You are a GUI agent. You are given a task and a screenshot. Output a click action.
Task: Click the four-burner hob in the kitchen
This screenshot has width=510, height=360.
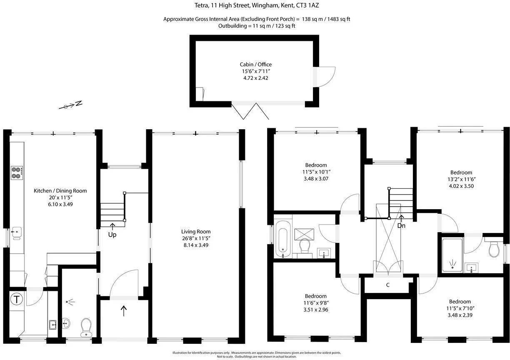17,173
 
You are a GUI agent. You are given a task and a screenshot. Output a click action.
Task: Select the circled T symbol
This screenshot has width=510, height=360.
17,299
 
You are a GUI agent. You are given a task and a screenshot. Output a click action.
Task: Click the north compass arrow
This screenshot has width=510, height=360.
70,105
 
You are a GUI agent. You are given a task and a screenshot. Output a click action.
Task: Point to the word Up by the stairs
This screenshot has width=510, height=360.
112,235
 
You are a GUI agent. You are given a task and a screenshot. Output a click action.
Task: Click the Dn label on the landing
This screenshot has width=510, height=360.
401,226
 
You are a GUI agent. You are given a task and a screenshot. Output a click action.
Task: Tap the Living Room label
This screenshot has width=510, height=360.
196,232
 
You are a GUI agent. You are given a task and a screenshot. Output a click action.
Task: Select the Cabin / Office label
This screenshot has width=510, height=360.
256,65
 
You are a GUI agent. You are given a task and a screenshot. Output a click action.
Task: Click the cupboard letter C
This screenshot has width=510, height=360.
388,285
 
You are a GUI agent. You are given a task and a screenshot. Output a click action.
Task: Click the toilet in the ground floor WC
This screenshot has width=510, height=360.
86,327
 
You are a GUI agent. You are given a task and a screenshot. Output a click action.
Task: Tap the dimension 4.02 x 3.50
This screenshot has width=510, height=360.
461,186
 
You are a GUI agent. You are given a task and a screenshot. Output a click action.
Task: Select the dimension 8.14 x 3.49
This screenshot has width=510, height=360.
196,245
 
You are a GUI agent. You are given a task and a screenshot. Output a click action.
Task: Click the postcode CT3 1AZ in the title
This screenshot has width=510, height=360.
307,5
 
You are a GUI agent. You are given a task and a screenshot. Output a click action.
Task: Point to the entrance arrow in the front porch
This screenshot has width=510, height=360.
123,310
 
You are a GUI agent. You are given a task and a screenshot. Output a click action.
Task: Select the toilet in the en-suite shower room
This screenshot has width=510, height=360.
494,249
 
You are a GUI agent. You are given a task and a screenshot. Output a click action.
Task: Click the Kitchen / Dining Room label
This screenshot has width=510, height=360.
60,191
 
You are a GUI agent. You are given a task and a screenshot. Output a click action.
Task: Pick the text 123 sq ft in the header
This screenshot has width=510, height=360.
285,26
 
